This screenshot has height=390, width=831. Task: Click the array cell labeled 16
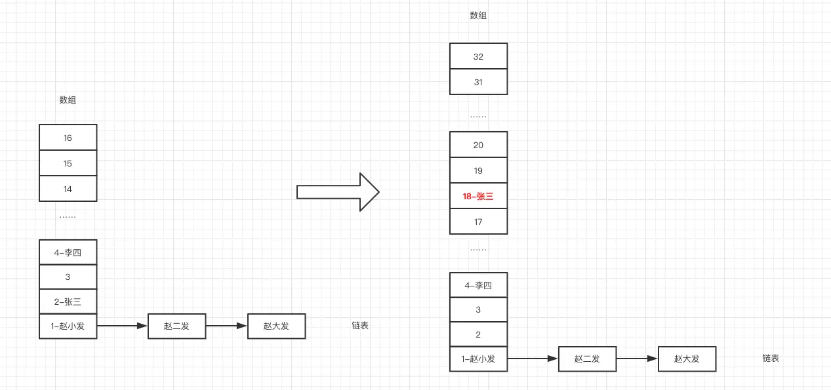point(68,138)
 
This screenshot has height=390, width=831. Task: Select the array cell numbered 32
point(478,56)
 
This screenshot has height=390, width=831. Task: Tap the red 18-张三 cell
point(478,196)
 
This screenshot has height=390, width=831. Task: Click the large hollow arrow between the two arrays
point(338,192)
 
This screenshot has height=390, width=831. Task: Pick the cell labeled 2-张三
point(68,302)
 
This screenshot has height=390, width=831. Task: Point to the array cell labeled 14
point(68,189)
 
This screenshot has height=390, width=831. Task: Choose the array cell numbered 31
point(478,82)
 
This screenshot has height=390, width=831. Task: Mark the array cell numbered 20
point(478,145)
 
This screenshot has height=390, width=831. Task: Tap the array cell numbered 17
point(478,222)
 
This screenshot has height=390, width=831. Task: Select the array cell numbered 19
point(478,170)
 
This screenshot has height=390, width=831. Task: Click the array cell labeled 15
point(68,163)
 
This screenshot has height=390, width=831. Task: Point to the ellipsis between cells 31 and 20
point(478,115)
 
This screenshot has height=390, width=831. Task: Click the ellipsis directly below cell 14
point(68,216)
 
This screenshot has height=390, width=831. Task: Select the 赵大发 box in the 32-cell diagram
point(687,359)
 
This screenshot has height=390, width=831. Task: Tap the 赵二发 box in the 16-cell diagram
point(176,326)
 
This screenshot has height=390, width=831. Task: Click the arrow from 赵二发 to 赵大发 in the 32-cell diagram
point(637,359)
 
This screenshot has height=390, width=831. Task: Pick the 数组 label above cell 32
point(478,15)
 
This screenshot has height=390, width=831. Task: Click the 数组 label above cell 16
point(68,100)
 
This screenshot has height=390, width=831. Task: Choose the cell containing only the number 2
point(478,334)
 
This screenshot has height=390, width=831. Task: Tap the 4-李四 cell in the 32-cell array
point(478,285)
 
